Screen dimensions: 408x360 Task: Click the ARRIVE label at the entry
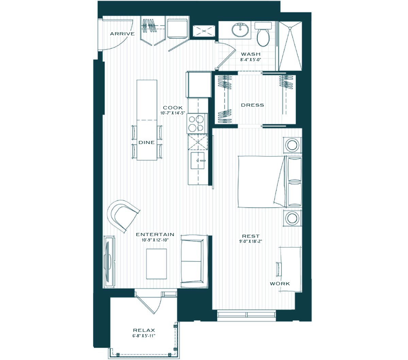pos(122,34)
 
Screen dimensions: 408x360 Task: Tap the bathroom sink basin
pos(240,30)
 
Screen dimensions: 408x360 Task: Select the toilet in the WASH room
pos(263,34)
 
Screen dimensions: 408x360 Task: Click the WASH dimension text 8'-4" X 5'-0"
pos(251,60)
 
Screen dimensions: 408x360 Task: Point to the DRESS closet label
pos(253,105)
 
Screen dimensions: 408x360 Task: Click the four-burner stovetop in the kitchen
pos(197,123)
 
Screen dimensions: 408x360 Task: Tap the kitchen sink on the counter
pos(198,160)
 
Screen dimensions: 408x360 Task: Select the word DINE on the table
pos(147,142)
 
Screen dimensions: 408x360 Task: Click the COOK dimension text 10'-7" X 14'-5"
pos(173,113)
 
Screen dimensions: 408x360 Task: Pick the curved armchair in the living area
pos(123,215)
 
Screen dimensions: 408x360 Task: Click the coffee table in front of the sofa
pos(156,264)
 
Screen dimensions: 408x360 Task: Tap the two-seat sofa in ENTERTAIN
pos(194,261)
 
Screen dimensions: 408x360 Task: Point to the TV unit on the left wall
pos(109,262)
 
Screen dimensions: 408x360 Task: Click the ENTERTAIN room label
pos(155,234)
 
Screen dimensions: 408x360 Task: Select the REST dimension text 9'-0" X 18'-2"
pos(251,241)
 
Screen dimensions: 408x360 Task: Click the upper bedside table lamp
pos(292,145)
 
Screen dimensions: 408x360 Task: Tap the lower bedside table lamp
pos(292,218)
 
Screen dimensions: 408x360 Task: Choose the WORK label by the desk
pos(280,284)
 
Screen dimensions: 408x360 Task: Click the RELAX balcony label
pos(144,330)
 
